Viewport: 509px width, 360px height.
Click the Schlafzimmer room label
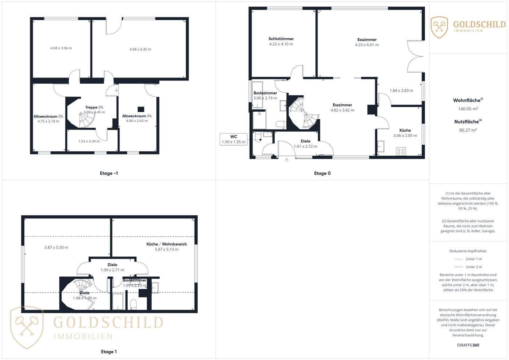click(281, 39)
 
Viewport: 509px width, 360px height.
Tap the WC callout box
click(233, 139)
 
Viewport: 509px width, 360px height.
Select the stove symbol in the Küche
click(401, 152)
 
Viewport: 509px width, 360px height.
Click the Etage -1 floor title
click(109, 173)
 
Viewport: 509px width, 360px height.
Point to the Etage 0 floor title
click(322, 173)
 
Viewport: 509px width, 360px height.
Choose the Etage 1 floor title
click(109, 352)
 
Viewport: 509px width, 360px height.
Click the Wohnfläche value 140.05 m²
click(468, 109)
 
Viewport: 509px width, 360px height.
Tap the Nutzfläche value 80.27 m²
click(468, 130)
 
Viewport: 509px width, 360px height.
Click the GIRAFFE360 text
click(468, 345)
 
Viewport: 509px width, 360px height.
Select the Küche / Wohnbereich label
click(167, 244)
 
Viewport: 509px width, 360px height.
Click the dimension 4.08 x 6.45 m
click(140, 49)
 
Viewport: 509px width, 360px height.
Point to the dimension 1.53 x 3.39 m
click(89, 141)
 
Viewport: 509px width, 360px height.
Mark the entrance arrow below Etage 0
click(287, 160)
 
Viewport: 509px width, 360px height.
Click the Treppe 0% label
click(94, 107)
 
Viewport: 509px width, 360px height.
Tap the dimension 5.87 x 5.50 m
click(56, 248)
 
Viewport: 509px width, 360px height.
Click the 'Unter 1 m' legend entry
click(468, 259)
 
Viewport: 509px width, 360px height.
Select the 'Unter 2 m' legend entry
click(468, 267)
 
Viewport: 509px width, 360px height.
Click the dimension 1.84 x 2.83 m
click(401, 91)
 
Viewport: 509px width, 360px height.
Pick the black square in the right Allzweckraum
click(141, 109)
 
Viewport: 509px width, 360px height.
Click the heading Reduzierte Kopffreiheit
click(468, 251)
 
